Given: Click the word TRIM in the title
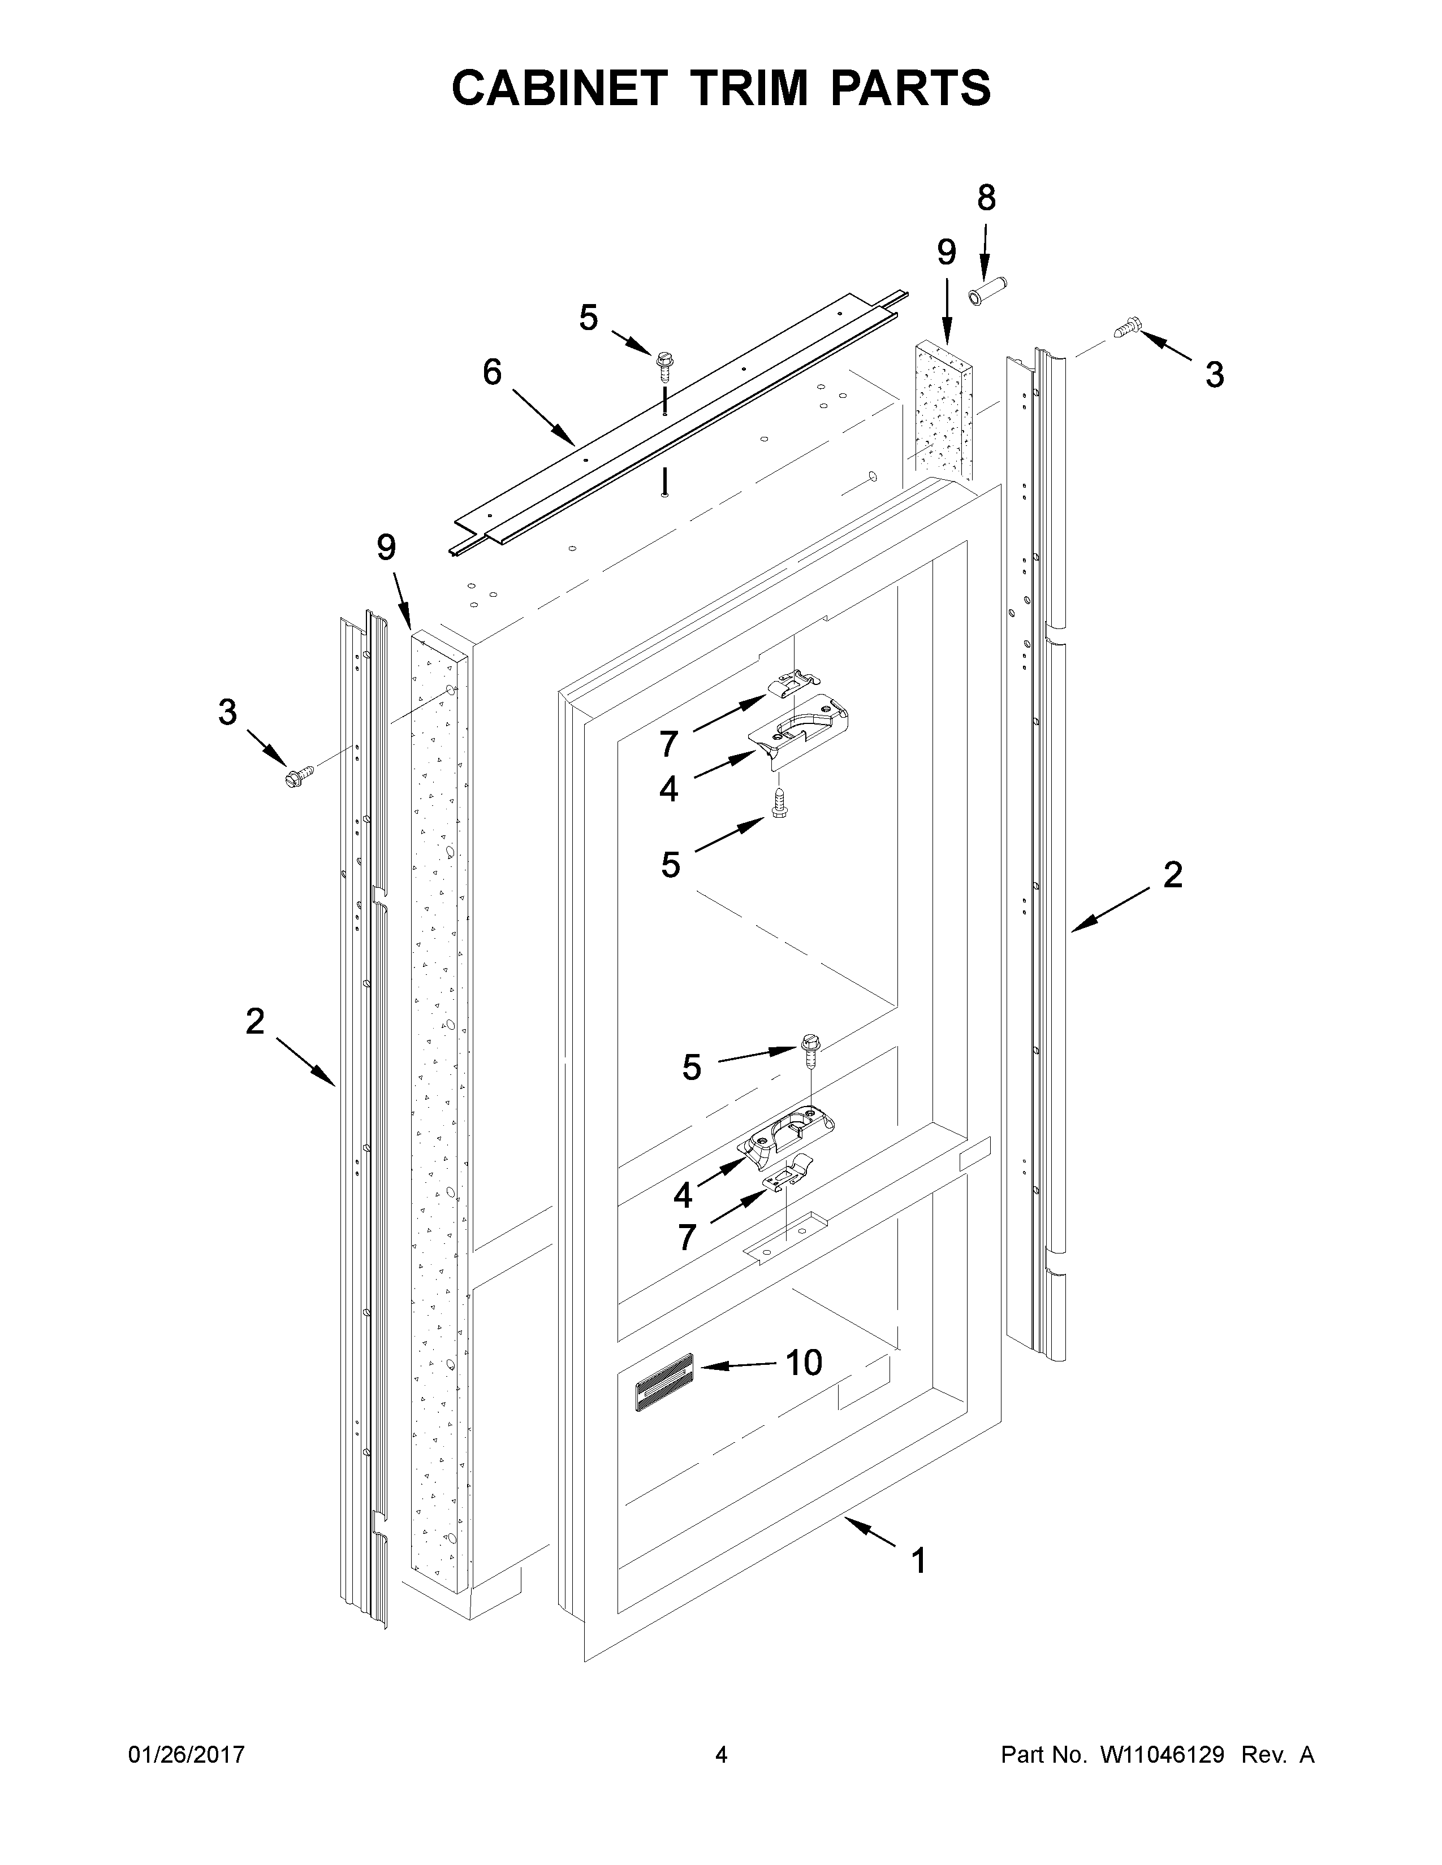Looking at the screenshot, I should pos(752,88).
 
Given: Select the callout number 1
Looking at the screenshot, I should pos(918,1562).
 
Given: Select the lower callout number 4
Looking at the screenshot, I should pos(683,1195).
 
